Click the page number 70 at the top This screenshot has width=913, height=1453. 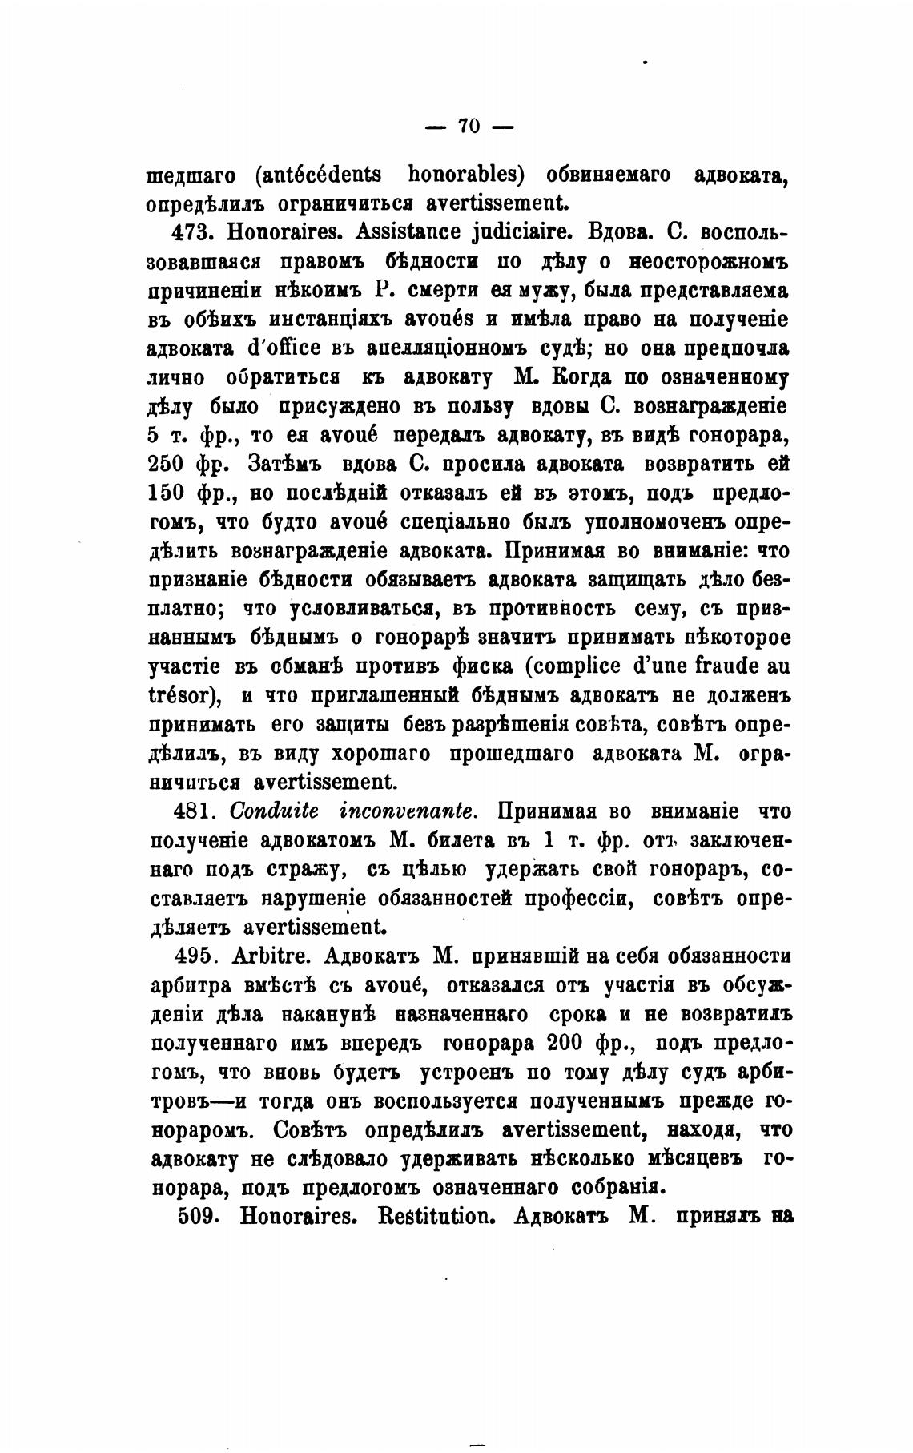coord(468,126)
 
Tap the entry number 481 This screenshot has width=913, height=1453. coord(191,811)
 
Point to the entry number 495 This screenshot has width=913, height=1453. coord(192,956)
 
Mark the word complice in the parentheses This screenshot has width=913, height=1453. coord(570,666)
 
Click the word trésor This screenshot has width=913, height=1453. coord(183,695)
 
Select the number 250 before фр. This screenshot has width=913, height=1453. coord(167,465)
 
